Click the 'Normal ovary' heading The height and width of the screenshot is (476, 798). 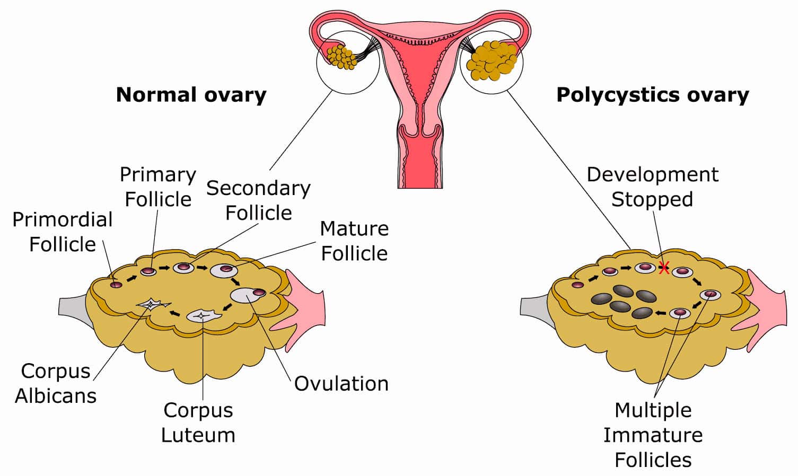point(191,95)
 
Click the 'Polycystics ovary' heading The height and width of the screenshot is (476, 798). point(652,95)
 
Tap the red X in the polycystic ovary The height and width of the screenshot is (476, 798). point(663,268)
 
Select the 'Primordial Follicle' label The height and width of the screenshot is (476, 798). point(63,232)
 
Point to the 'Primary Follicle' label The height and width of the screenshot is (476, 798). point(158,187)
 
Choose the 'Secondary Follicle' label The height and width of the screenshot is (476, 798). point(258,200)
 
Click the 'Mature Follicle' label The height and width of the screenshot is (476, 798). point(354,241)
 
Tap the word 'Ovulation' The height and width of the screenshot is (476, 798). point(341,383)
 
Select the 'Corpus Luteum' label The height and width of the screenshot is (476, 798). point(198,422)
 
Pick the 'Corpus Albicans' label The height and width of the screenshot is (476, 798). point(56,383)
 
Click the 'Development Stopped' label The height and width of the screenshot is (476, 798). point(652,187)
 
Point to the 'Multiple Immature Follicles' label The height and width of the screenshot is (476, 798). point(653,435)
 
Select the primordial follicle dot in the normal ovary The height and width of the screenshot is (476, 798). point(116,285)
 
